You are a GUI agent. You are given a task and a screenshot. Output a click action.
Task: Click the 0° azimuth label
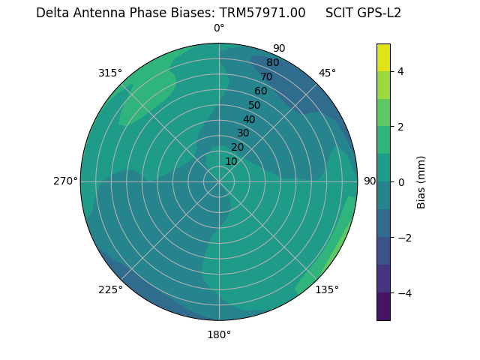click(219, 28)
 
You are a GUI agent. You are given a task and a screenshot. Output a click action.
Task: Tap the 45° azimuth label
click(327, 73)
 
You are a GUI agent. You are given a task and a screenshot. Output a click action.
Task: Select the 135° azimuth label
click(327, 289)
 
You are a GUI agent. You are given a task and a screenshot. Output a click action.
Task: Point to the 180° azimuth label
click(219, 334)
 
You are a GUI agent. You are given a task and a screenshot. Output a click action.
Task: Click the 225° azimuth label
click(110, 289)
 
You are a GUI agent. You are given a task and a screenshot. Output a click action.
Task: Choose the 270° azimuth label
click(65, 181)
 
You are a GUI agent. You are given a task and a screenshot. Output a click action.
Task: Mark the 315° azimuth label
click(110, 73)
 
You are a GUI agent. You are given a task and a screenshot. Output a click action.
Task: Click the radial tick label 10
click(231, 161)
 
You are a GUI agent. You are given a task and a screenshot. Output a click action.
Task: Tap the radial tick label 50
click(254, 105)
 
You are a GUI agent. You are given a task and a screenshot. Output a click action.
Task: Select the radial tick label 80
click(272, 62)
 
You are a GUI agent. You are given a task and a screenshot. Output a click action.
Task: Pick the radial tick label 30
click(243, 133)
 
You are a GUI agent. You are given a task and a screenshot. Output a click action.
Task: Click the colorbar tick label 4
click(400, 71)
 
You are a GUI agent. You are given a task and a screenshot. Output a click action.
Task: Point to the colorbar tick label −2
click(402, 238)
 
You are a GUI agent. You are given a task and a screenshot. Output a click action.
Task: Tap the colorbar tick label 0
click(400, 182)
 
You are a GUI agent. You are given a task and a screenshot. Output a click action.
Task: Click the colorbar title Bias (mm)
click(421, 181)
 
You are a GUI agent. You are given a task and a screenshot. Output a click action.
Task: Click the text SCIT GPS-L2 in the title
click(363, 13)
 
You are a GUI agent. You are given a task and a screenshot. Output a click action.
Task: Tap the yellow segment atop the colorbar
click(383, 57)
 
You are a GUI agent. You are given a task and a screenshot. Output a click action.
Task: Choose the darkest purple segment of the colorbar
click(383, 306)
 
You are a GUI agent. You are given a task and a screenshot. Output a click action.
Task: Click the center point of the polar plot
click(219, 181)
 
